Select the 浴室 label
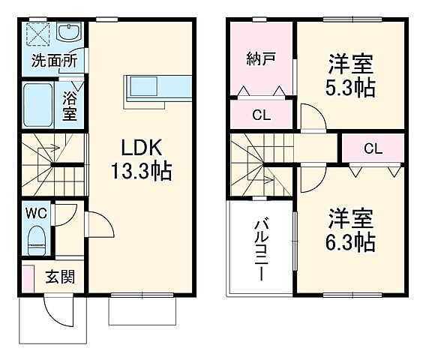(69, 106)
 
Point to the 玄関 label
(59, 276)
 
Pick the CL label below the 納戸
(260, 115)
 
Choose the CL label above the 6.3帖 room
(373, 148)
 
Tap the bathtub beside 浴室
(37, 105)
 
